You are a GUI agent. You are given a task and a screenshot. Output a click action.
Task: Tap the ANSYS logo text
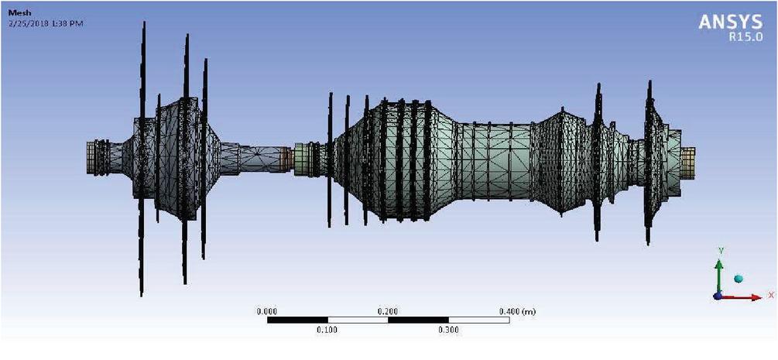point(730,22)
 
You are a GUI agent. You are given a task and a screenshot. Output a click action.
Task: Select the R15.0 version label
point(745,37)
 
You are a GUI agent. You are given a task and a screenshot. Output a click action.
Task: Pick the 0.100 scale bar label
point(327,330)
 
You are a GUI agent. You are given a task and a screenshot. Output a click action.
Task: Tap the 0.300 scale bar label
point(448,330)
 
